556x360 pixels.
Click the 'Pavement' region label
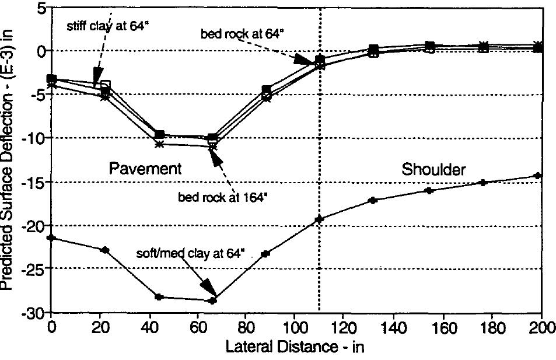(x=146, y=169)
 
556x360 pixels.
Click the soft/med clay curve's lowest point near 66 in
(x=213, y=300)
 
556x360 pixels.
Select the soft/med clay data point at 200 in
(x=538, y=176)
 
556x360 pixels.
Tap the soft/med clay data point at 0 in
(x=52, y=237)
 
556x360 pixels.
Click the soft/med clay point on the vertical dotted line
(x=319, y=219)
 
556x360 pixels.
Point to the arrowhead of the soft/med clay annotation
(x=208, y=289)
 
